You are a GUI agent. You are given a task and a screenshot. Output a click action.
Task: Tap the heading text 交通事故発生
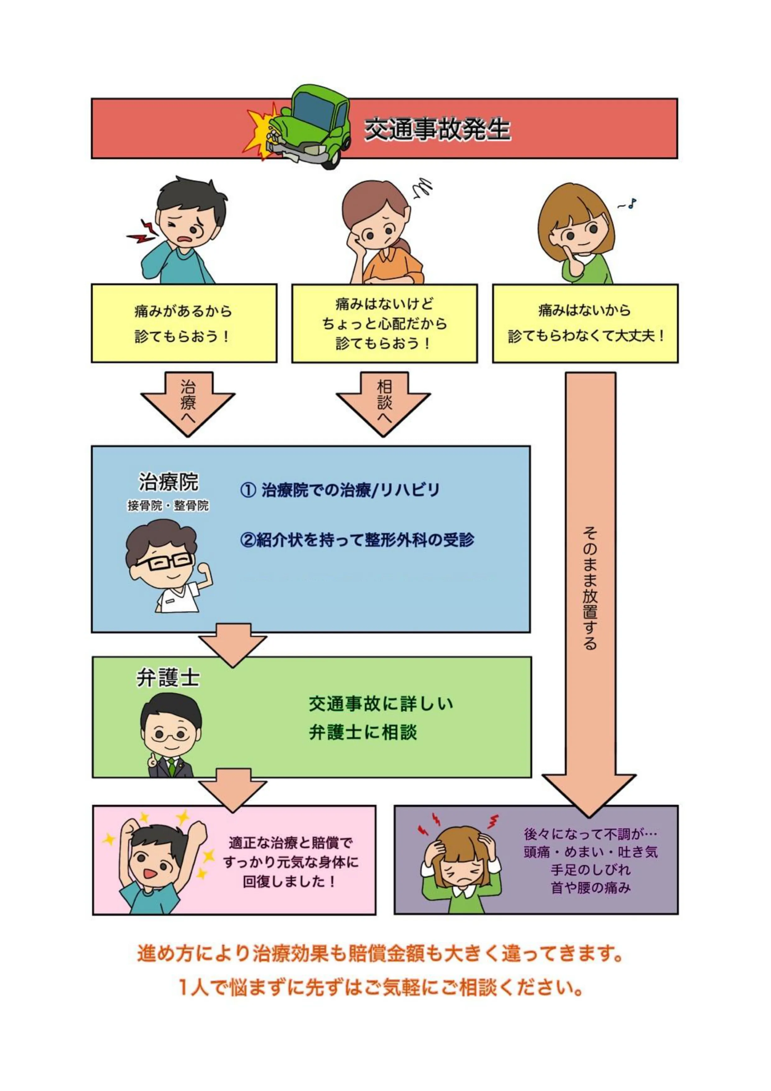click(437, 130)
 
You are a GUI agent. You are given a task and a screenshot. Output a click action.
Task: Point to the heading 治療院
click(169, 482)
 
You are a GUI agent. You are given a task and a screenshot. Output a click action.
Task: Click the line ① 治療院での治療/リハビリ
click(340, 490)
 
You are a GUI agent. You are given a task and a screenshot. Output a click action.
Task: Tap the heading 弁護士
click(168, 678)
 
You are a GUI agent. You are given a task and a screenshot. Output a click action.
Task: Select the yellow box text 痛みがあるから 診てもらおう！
click(183, 324)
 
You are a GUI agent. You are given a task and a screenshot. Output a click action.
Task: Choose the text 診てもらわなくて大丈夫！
click(586, 336)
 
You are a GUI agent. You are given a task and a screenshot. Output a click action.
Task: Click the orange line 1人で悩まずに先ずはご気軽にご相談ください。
click(380, 987)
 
